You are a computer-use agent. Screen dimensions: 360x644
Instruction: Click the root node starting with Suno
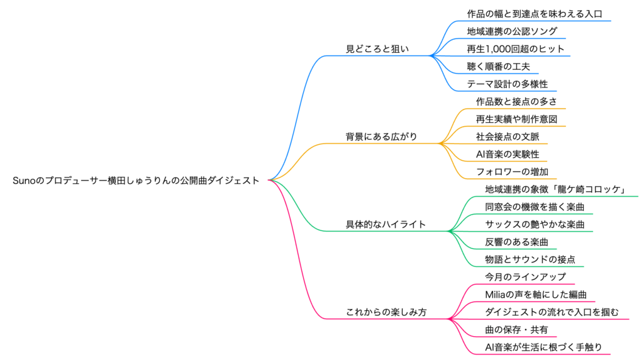pyautogui.click(x=136, y=180)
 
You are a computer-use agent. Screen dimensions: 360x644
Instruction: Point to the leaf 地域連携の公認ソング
pyautogui.click(x=512, y=31)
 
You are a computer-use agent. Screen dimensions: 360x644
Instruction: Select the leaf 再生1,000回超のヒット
pyautogui.click(x=515, y=48)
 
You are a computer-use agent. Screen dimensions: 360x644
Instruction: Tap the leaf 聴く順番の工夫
pyautogui.click(x=499, y=66)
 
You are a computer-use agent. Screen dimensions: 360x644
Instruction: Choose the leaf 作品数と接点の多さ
pyautogui.click(x=516, y=101)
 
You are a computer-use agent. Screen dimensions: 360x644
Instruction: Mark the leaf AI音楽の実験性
pyautogui.click(x=508, y=154)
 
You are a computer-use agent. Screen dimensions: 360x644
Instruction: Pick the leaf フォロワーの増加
pyautogui.click(x=508, y=171)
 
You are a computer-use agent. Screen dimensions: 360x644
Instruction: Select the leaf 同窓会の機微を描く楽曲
pyautogui.click(x=537, y=206)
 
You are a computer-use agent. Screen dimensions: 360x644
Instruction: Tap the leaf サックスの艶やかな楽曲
pyautogui.click(x=535, y=223)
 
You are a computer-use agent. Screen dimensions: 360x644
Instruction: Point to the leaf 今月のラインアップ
pyautogui.click(x=525, y=276)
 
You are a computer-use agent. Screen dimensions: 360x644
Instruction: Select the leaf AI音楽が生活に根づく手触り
pyautogui.click(x=543, y=347)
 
